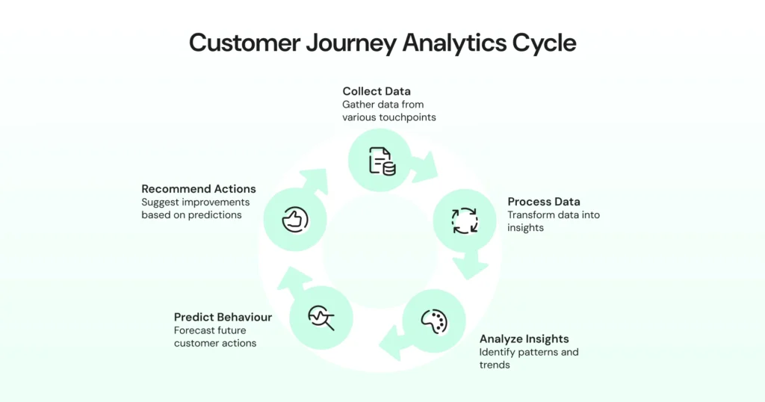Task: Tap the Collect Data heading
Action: pos(377,91)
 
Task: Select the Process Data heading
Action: pos(544,202)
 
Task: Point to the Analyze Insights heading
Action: pos(524,338)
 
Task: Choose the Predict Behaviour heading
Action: pos(223,317)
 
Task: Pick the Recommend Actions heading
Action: pos(199,189)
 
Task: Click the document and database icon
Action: pos(381,161)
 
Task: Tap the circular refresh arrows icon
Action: pos(465,220)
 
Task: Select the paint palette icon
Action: pos(434,321)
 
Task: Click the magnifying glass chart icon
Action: pos(321,318)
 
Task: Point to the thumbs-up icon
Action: pos(295,220)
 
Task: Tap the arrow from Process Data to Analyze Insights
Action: pos(474,262)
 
